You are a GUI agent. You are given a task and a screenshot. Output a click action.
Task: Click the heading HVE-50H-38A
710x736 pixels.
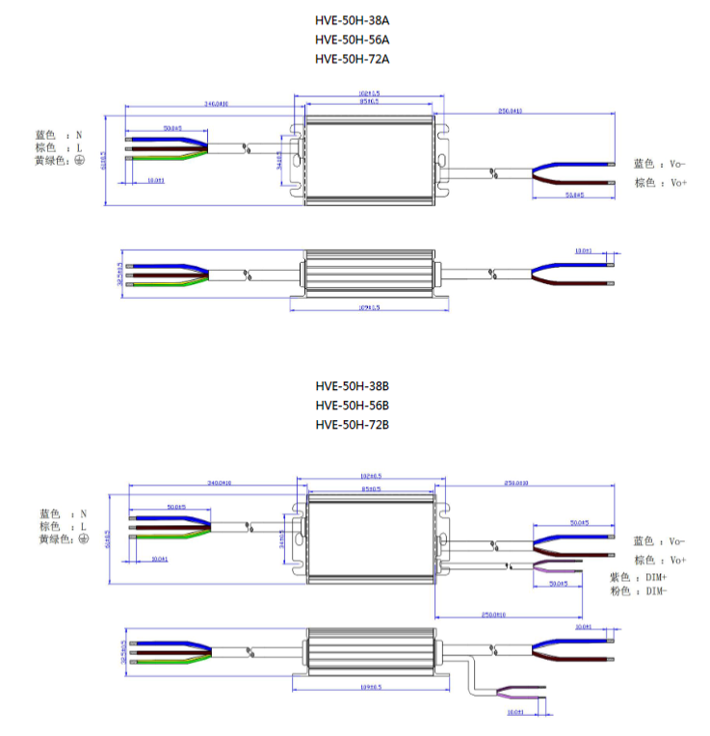tap(352, 19)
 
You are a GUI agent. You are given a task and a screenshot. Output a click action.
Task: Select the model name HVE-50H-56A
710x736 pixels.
tap(352, 39)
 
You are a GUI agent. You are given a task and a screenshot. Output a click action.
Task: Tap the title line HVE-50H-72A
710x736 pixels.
tap(352, 59)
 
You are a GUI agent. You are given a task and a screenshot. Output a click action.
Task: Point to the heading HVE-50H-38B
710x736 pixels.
tap(352, 385)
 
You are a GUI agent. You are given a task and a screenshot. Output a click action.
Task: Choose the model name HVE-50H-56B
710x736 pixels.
tap(352, 405)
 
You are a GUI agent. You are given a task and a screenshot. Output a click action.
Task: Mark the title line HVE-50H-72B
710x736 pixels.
tap(352, 424)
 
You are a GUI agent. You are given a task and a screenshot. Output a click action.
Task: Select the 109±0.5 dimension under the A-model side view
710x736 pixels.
tap(369, 307)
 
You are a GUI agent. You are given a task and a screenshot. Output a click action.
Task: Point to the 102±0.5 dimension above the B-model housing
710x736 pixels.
tap(370, 475)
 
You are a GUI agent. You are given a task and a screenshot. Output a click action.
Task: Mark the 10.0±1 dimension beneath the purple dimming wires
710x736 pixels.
tap(515, 713)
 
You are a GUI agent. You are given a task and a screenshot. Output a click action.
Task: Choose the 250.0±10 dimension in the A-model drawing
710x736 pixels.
tap(510, 111)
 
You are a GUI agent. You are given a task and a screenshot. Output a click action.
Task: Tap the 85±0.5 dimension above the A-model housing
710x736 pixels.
tap(368, 100)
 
